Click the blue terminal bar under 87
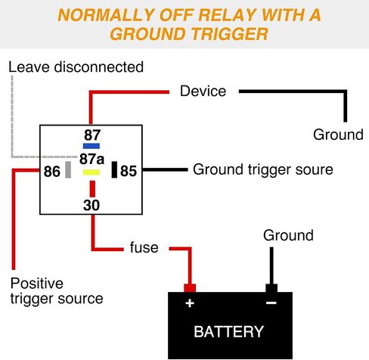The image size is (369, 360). pos(91,146)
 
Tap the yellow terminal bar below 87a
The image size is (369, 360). pos(91,172)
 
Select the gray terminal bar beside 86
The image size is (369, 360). pos(68,169)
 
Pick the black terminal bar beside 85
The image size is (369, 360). pos(114,169)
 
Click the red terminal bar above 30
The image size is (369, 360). pos(92,188)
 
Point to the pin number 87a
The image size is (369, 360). pos(91,159)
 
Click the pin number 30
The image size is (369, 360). pos(91,205)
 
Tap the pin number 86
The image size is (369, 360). pos(52,172)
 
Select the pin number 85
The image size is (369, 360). pos(129,171)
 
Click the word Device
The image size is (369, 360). pos(203,91)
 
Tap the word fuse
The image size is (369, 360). pos(144,247)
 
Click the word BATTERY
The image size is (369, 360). pos(228,331)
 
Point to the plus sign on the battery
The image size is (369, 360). pos(190,303)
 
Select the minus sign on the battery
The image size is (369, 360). pos(271,303)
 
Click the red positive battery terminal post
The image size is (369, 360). pos(190,288)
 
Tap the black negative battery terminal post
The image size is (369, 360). pos(271,288)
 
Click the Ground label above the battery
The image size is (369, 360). pos(288,235)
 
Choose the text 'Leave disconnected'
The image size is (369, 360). pos(76,67)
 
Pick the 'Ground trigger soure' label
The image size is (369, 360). pos(263,169)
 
